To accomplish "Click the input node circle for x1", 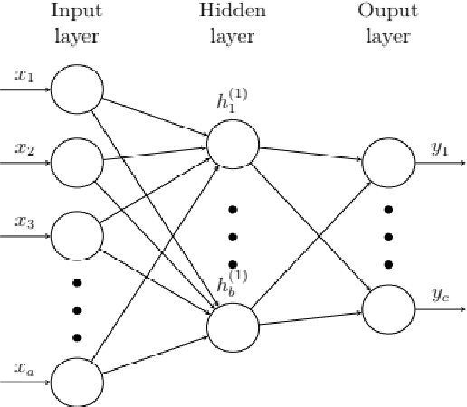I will pyautogui.click(x=77, y=90).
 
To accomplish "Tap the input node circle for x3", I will pyautogui.click(x=77, y=236).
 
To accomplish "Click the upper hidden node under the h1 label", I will pyautogui.click(x=233, y=142).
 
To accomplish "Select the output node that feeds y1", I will pyautogui.click(x=387, y=164).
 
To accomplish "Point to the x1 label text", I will pyautogui.click(x=24, y=76).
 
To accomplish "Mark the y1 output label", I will pyautogui.click(x=441, y=149).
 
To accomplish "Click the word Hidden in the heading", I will pyautogui.click(x=233, y=13).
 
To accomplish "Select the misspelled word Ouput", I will pyautogui.click(x=388, y=13).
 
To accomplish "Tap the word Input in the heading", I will pyautogui.click(x=77, y=13).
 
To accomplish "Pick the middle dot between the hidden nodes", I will pyautogui.click(x=233, y=237).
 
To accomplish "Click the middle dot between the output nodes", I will pyautogui.click(x=389, y=237).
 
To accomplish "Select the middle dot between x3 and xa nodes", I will pyautogui.click(x=77, y=311).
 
